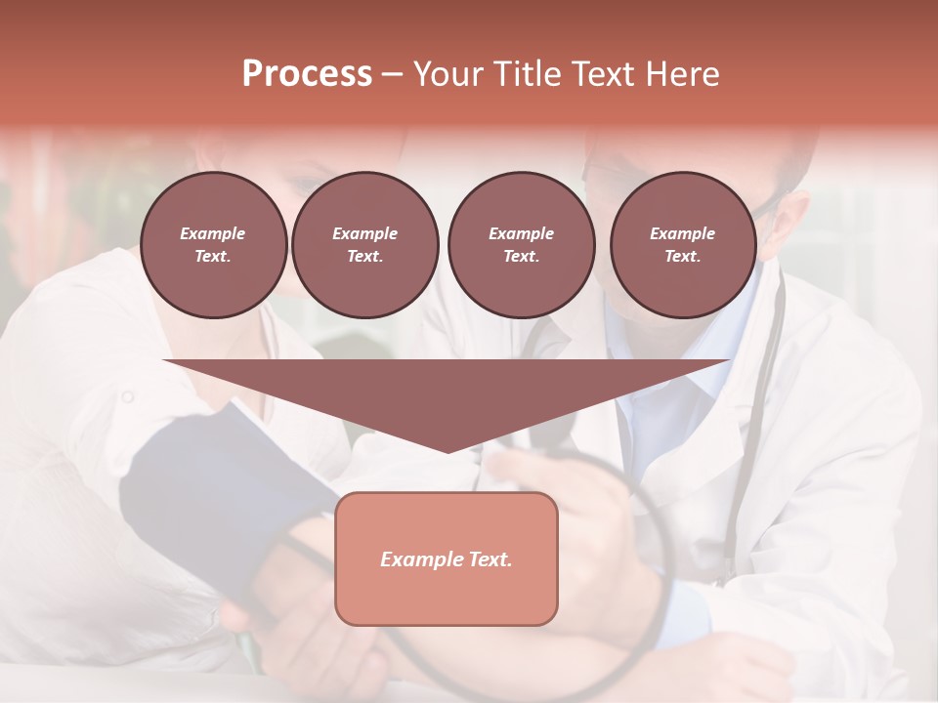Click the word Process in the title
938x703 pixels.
pyautogui.click(x=307, y=74)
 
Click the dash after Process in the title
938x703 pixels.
pyautogui.click(x=392, y=75)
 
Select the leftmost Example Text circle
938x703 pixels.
pyautogui.click(x=213, y=245)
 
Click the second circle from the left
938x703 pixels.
pyautogui.click(x=364, y=245)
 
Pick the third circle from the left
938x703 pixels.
pyautogui.click(x=521, y=245)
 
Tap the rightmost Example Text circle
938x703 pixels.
pyautogui.click(x=682, y=245)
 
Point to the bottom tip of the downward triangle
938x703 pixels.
pyautogui.click(x=448, y=451)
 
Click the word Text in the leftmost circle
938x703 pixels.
pyautogui.click(x=212, y=257)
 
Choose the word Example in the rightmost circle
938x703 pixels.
pyautogui.click(x=682, y=233)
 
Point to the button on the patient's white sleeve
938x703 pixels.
pyautogui.click(x=127, y=396)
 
